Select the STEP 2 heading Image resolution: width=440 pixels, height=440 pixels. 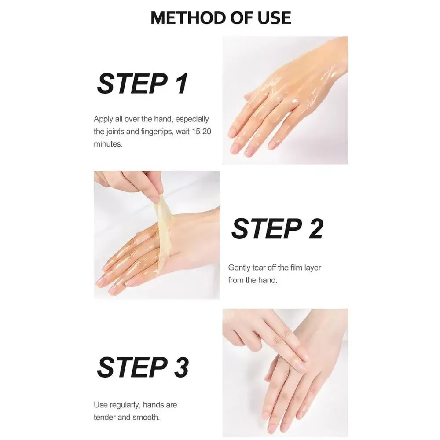coord(277,229)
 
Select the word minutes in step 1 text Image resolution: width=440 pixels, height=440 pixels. coord(108,144)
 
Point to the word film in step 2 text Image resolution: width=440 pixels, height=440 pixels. coord(296,268)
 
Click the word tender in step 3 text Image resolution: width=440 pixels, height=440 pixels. coord(104,417)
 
